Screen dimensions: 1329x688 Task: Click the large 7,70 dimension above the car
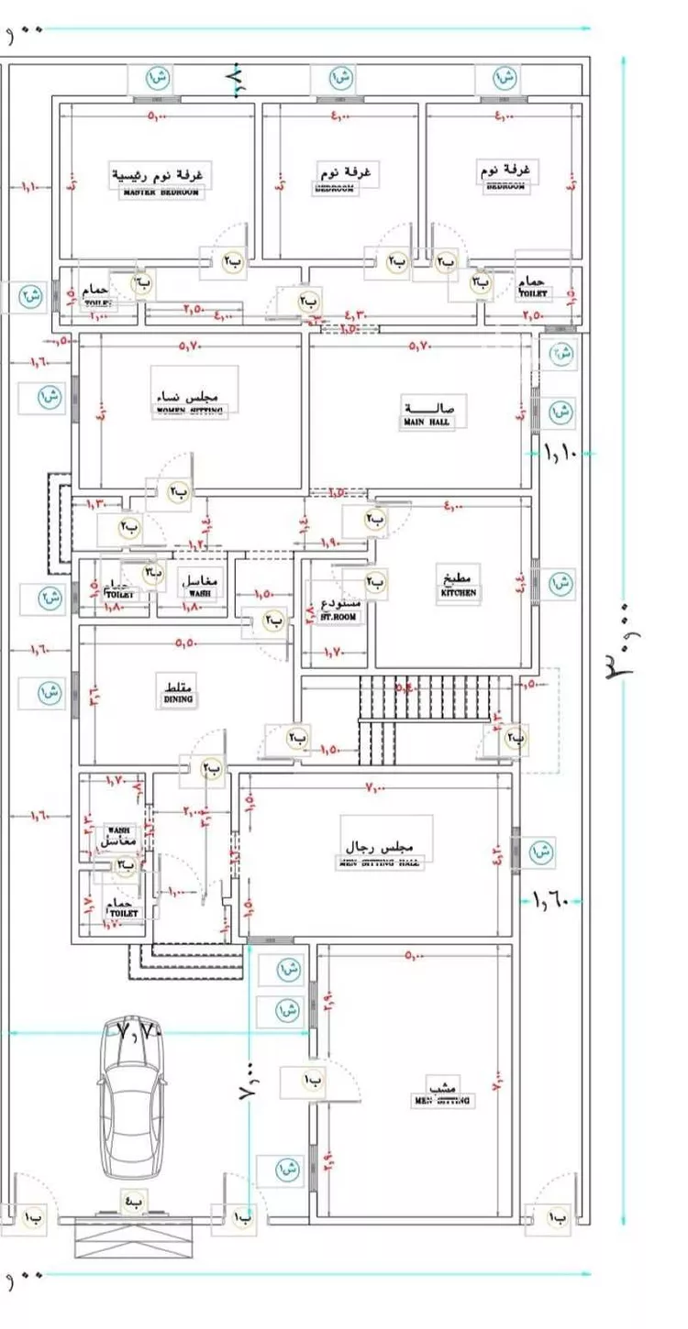coord(140,1033)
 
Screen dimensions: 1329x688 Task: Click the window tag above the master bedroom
coord(158,77)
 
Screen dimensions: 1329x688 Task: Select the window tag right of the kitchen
coord(561,582)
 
